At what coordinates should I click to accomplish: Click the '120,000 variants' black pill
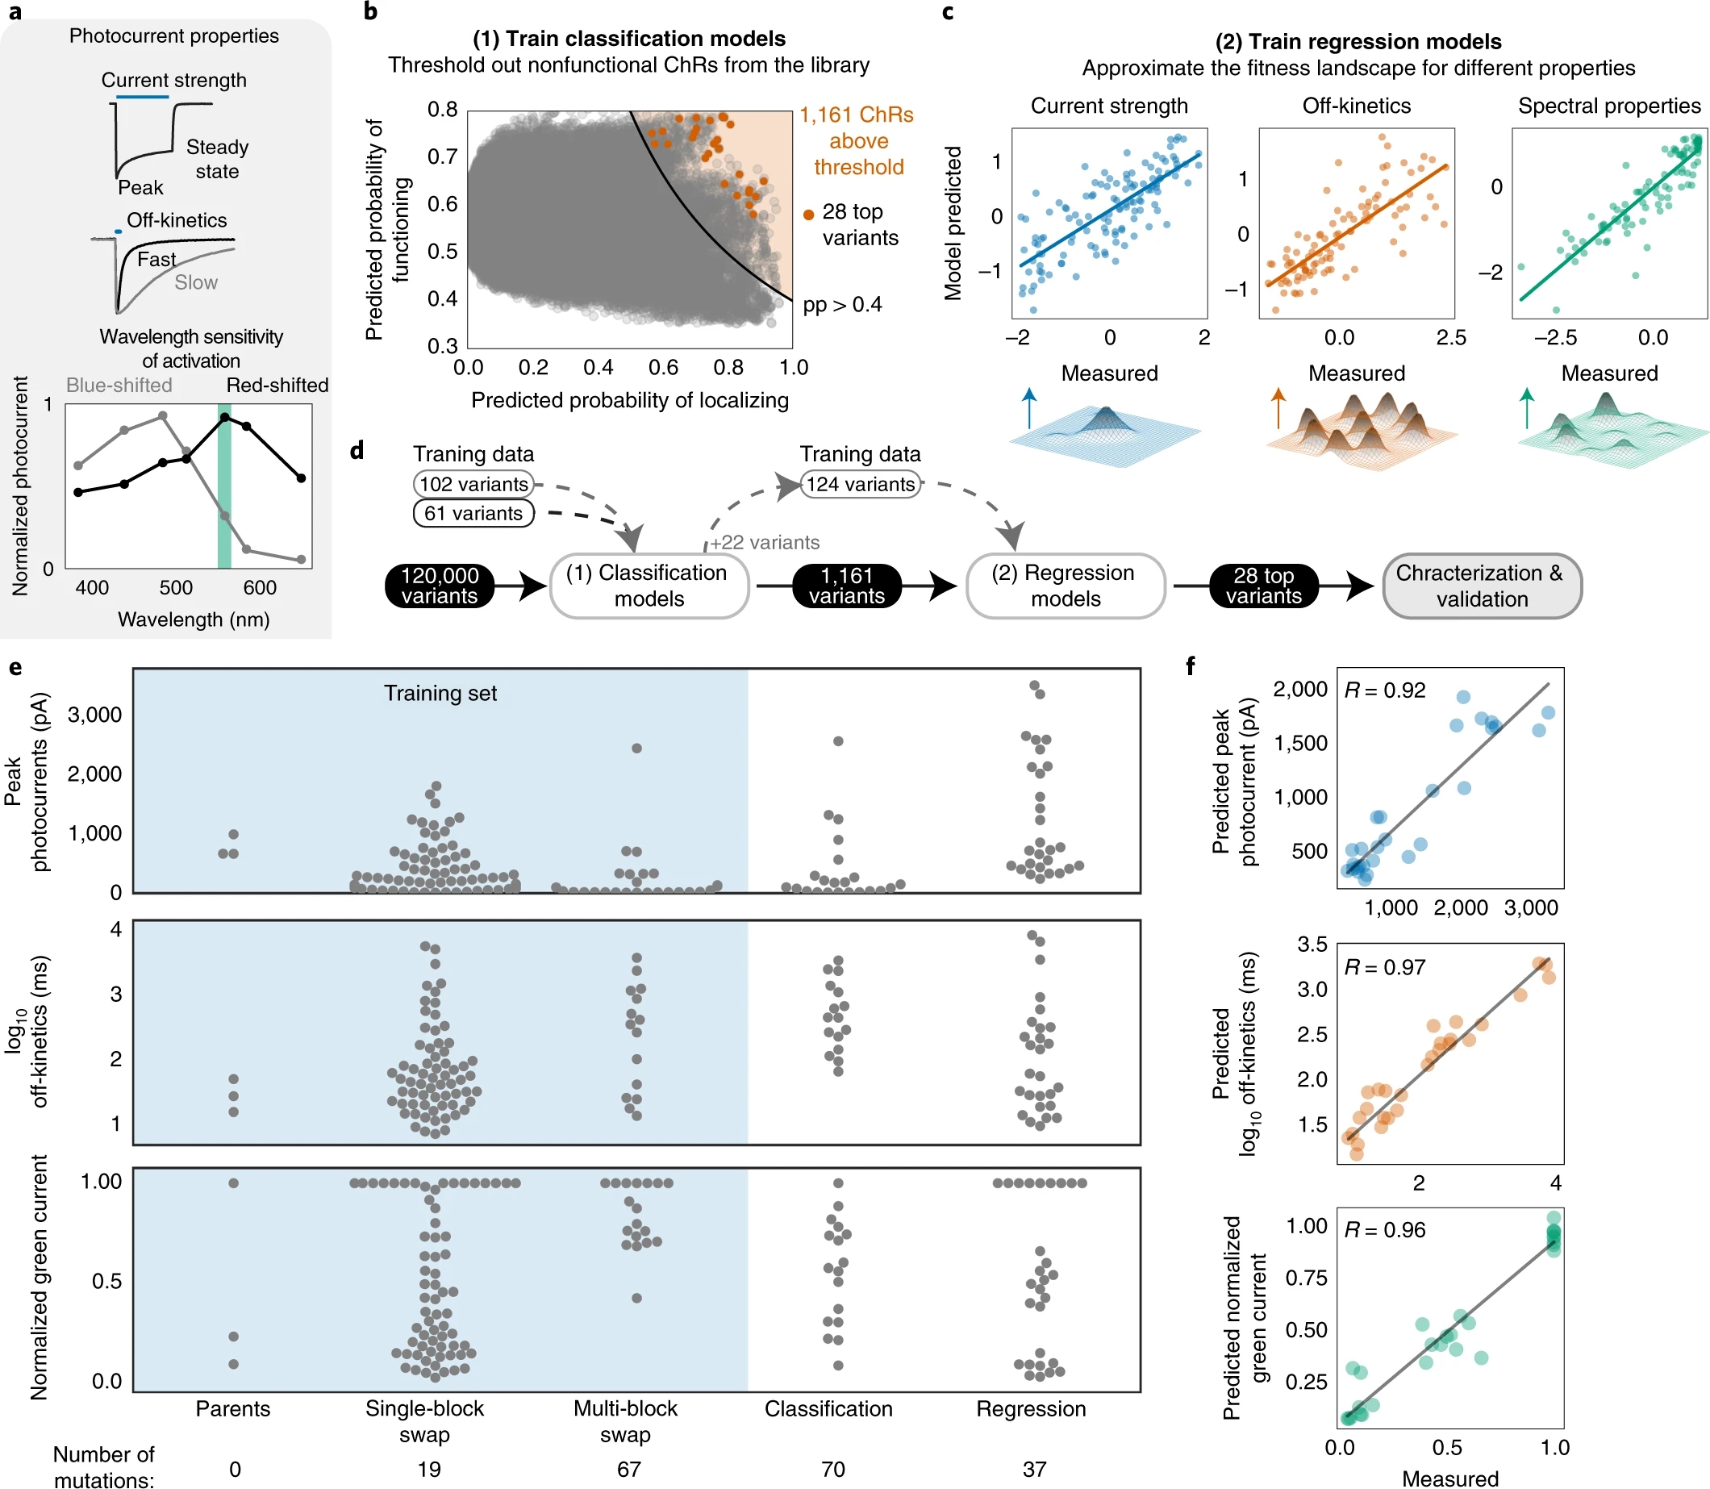point(439,586)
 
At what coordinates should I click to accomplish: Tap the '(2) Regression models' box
point(1065,586)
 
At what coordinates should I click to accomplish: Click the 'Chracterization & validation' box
point(1481,586)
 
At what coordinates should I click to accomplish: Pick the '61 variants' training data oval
point(473,514)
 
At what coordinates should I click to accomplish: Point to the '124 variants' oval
point(860,485)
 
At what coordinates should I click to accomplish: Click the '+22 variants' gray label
point(765,543)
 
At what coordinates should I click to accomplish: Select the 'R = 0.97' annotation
point(1384,967)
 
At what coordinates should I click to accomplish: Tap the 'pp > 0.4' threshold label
point(842,305)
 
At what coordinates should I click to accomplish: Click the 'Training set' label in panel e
point(440,693)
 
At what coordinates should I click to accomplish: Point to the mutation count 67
point(628,1469)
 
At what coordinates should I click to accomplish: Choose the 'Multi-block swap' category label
point(625,1421)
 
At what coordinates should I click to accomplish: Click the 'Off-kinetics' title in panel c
point(1356,106)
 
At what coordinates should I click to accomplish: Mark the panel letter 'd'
point(357,450)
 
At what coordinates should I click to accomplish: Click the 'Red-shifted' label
point(277,386)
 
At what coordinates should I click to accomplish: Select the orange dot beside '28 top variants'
point(808,215)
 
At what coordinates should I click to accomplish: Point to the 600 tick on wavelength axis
point(259,587)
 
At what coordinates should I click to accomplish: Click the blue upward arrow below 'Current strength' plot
point(1029,407)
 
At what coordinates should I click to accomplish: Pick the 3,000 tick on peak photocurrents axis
point(94,715)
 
